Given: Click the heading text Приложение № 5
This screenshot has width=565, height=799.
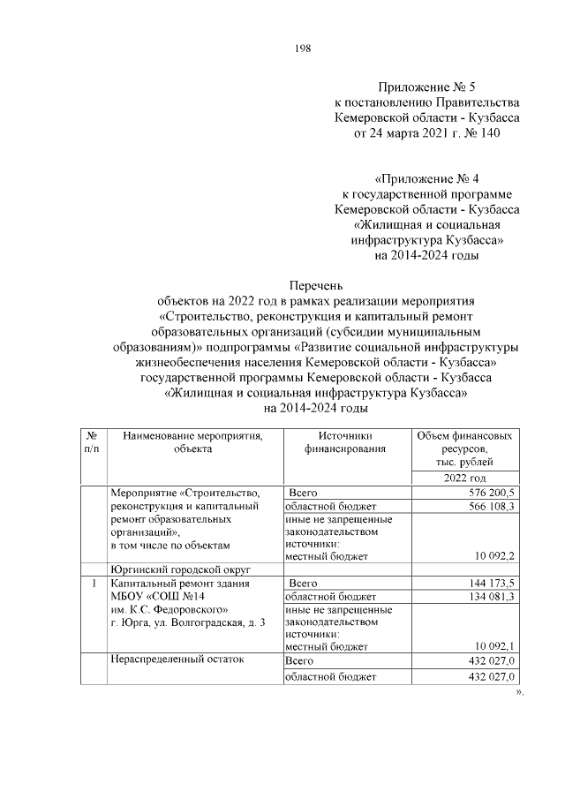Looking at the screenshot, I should (x=426, y=87).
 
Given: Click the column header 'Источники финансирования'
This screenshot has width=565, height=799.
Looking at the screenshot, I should (x=346, y=442).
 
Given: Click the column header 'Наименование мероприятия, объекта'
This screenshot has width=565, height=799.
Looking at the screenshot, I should (x=193, y=442).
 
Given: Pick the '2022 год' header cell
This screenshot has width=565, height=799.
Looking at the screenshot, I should (x=466, y=477).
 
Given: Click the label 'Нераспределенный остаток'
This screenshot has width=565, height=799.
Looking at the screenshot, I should (x=174, y=661).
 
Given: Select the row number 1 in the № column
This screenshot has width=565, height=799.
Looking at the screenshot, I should (x=93, y=584).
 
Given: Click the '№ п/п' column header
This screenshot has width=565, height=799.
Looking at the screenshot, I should (x=93, y=442).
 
